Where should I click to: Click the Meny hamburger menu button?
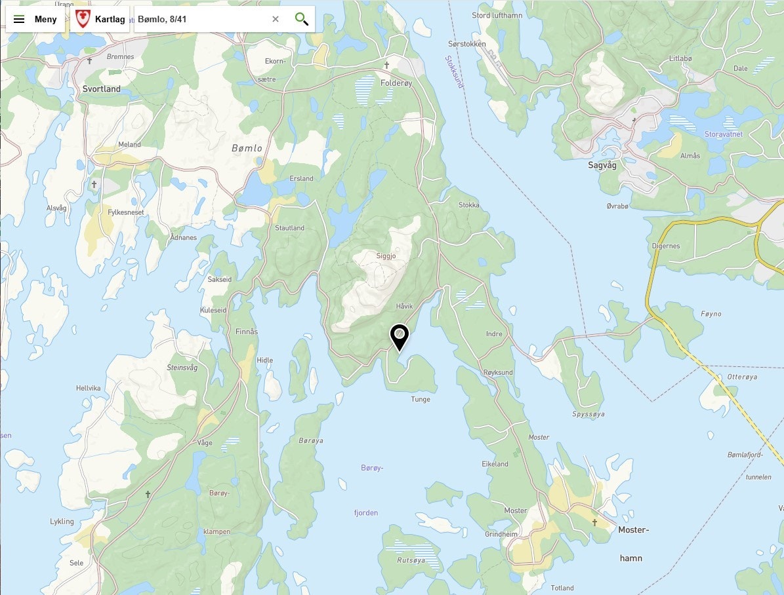35,20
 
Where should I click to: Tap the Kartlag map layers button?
100,20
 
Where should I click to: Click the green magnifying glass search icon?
301,19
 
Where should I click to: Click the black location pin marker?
399,337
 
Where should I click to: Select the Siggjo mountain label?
386,256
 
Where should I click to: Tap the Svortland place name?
102,89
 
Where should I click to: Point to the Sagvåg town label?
602,166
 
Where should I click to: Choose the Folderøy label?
396,83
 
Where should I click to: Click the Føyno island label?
711,314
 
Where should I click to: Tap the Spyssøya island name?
588,414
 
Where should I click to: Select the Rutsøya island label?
411,560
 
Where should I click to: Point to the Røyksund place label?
498,372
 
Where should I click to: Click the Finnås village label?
247,332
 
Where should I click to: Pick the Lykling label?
62,522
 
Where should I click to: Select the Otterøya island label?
742,377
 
